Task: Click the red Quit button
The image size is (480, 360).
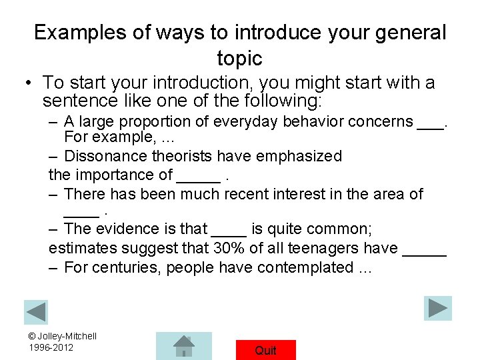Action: (x=265, y=350)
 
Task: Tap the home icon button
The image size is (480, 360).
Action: (x=183, y=346)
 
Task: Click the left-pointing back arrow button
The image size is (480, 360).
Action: (x=36, y=312)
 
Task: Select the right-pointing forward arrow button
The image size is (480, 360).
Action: (x=437, y=308)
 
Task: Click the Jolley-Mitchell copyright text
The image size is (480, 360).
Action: (x=63, y=336)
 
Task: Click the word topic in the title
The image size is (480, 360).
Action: (x=239, y=59)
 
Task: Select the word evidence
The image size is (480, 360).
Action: (x=129, y=229)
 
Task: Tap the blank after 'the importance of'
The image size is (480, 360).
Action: (x=199, y=179)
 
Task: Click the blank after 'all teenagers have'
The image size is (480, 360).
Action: (x=424, y=252)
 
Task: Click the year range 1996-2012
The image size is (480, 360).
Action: (x=51, y=347)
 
